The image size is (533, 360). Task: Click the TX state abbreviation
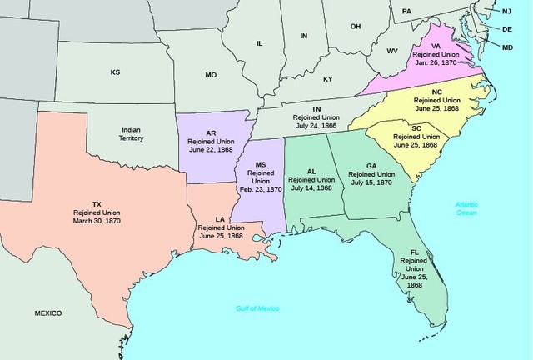click(x=97, y=204)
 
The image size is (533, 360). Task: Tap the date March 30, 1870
click(x=97, y=222)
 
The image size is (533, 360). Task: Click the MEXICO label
click(x=48, y=312)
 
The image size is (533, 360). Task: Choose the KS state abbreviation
click(x=115, y=72)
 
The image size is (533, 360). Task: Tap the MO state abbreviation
click(x=211, y=75)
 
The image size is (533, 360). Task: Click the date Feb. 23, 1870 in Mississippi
click(x=259, y=190)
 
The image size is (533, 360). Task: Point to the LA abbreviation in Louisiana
click(x=220, y=219)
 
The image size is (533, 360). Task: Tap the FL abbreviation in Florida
click(x=414, y=251)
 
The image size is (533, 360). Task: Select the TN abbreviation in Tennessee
click(x=316, y=109)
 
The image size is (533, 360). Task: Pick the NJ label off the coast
click(x=506, y=11)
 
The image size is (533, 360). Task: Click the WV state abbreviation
click(x=392, y=51)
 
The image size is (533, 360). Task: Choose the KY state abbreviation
click(x=327, y=79)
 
